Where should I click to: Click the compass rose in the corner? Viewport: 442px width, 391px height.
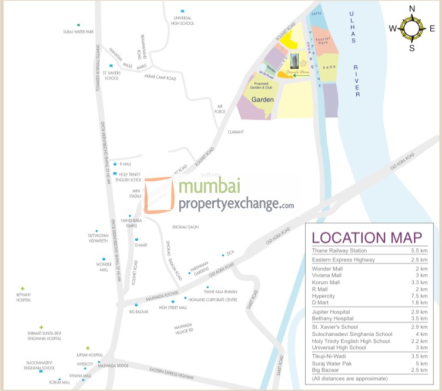pyautogui.click(x=411, y=27)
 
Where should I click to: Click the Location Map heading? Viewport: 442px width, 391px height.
pyautogui.click(x=367, y=238)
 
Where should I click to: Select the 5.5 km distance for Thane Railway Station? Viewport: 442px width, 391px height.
pyautogui.click(x=419, y=251)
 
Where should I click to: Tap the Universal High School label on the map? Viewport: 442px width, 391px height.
pyautogui.click(x=182, y=21)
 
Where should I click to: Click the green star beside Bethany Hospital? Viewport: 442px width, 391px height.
pyautogui.click(x=22, y=289)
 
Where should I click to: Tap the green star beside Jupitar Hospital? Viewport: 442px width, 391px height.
pyautogui.click(x=88, y=348)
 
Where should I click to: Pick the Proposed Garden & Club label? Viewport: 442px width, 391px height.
pyautogui.click(x=262, y=86)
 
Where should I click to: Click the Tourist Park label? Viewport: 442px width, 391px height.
pyautogui.click(x=324, y=41)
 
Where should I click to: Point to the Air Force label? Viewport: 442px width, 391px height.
pyautogui.click(x=220, y=109)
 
